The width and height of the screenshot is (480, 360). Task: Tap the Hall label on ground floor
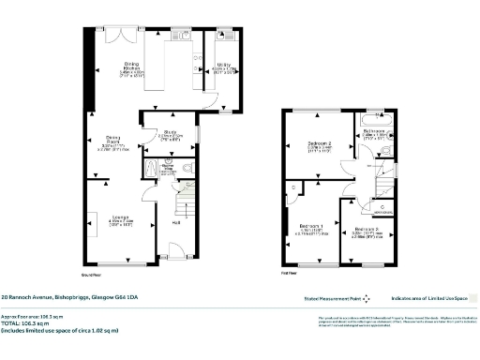(x=175, y=222)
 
